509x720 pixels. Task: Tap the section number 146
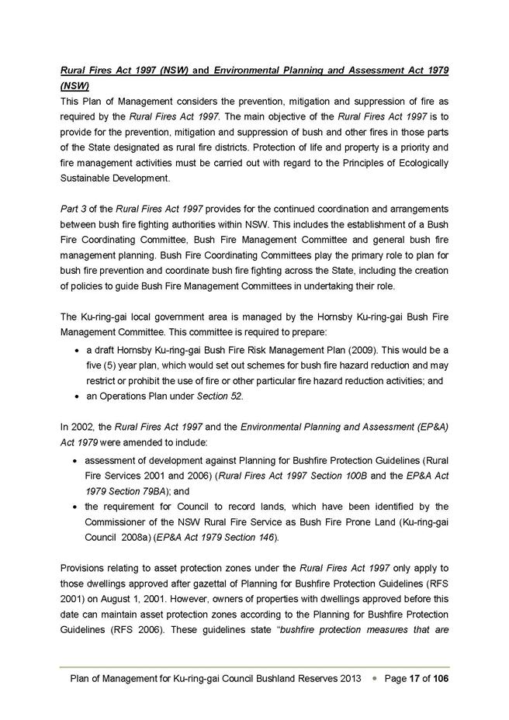pos(263,536)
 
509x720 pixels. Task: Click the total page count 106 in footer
pos(438,679)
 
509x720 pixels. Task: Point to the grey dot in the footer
pos(374,679)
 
